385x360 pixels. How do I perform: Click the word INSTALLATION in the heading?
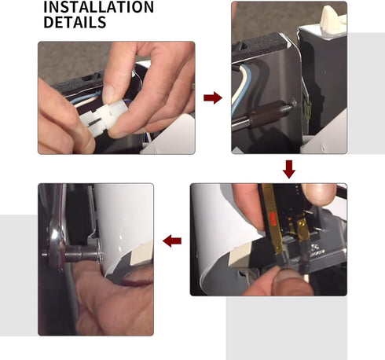(x=98, y=6)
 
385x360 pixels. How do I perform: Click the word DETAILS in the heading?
(x=75, y=22)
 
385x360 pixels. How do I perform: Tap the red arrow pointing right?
(x=213, y=98)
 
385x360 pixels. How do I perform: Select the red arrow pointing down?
(x=289, y=169)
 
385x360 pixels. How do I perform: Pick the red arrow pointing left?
(x=172, y=241)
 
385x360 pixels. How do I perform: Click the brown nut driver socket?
(x=265, y=112)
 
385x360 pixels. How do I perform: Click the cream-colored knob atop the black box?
(x=332, y=18)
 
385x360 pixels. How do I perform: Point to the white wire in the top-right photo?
(x=238, y=85)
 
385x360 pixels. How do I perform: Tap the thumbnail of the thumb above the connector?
(x=108, y=90)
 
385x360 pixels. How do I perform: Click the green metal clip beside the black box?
(x=307, y=110)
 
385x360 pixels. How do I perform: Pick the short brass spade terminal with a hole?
(x=302, y=230)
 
